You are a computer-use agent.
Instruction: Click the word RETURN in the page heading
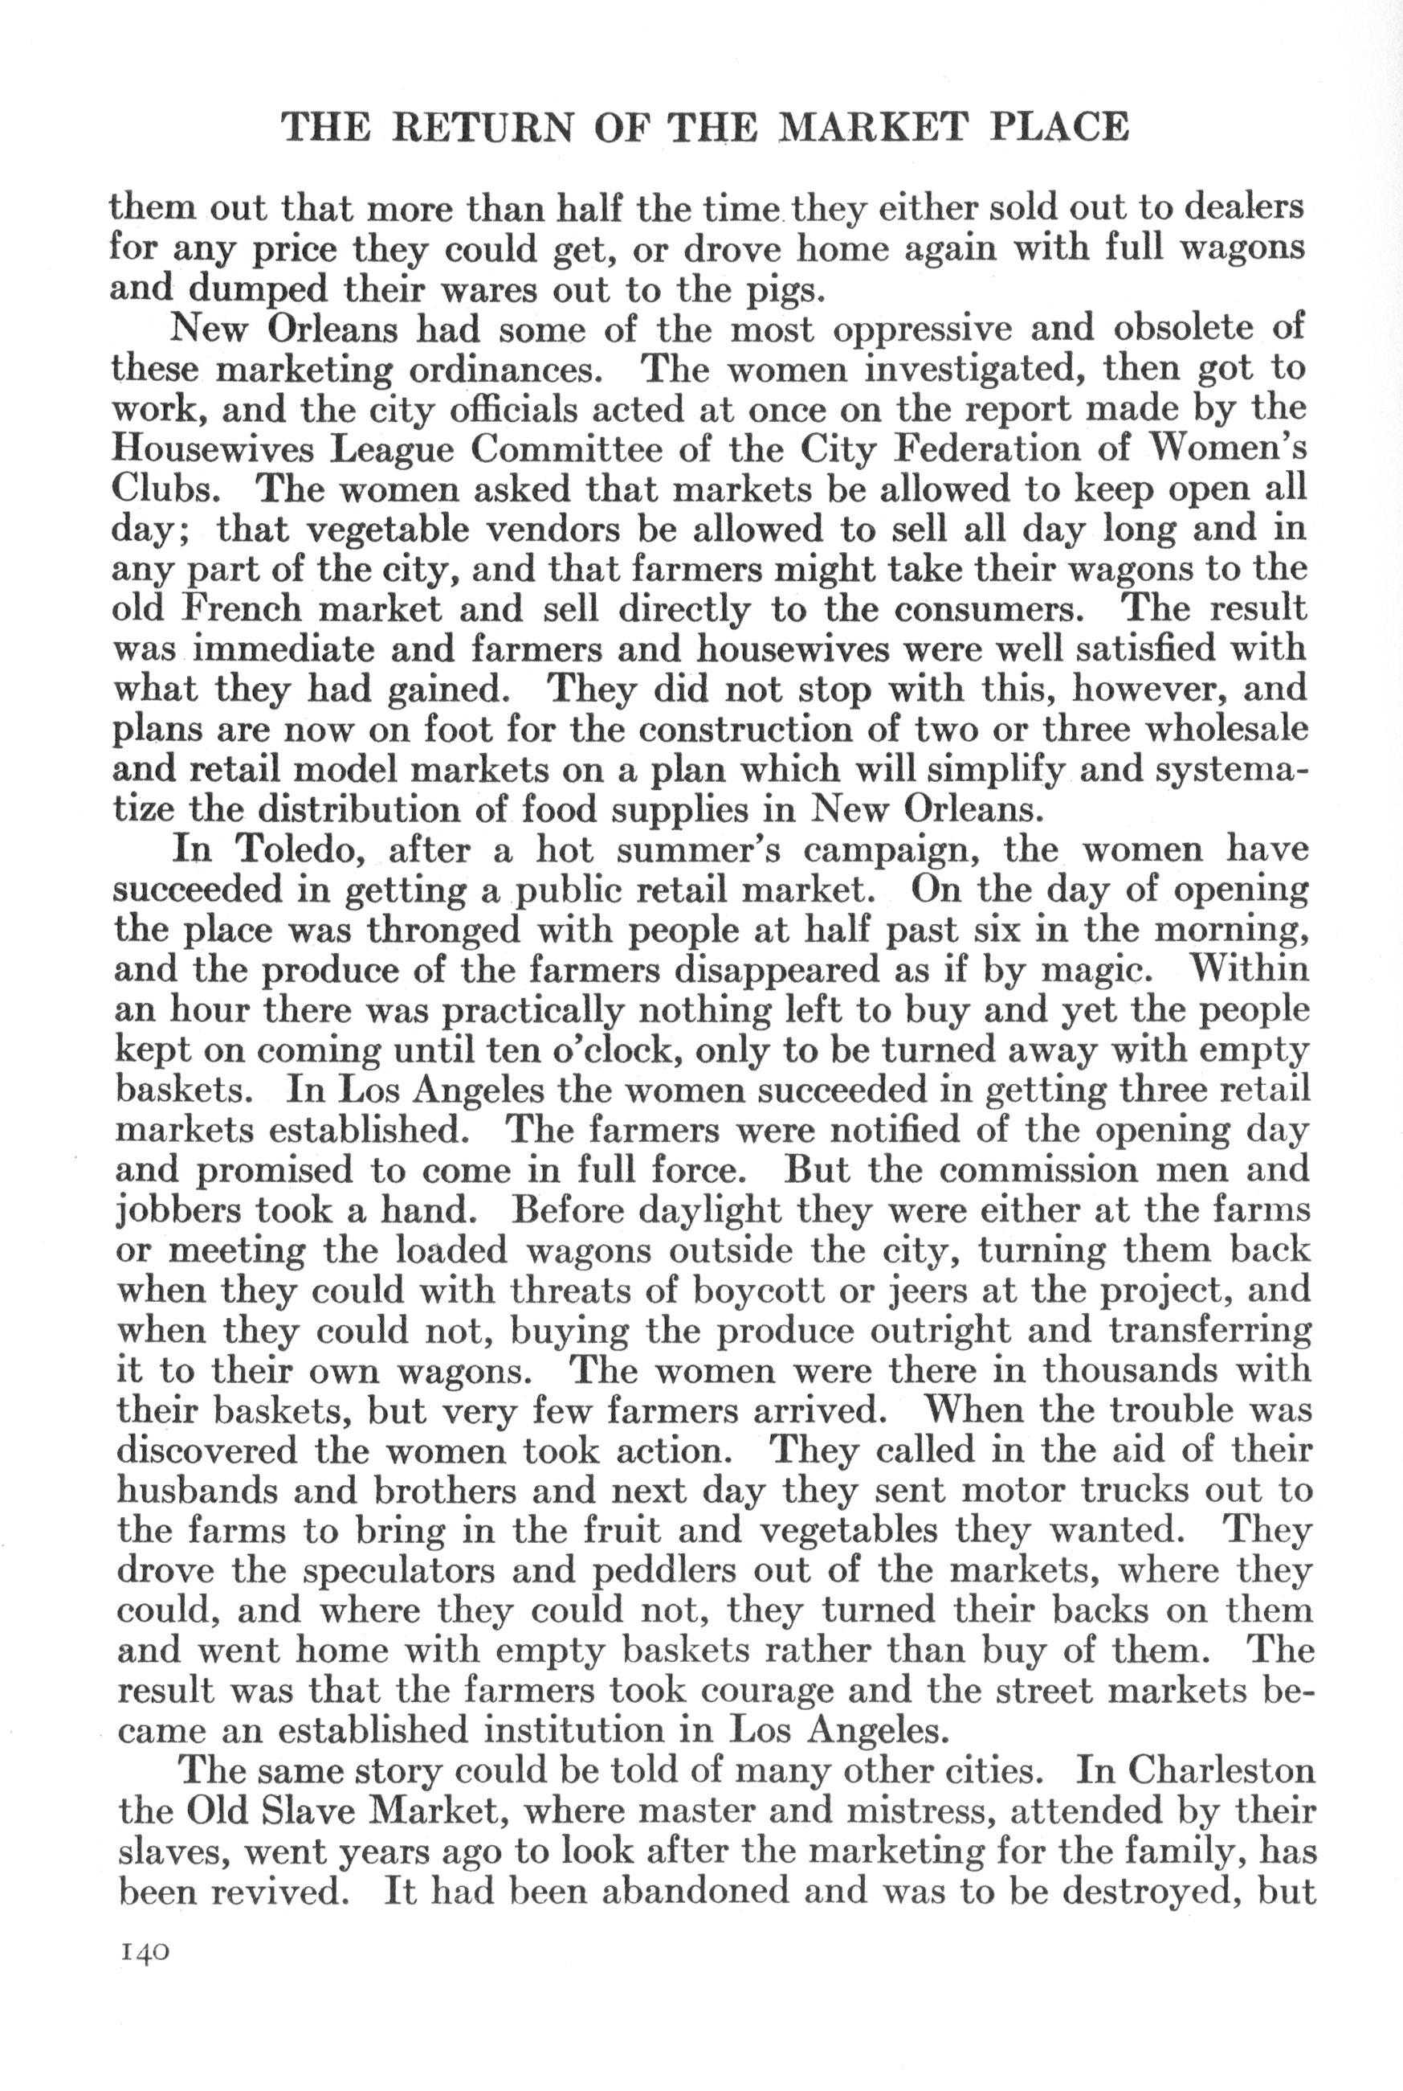(x=483, y=127)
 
